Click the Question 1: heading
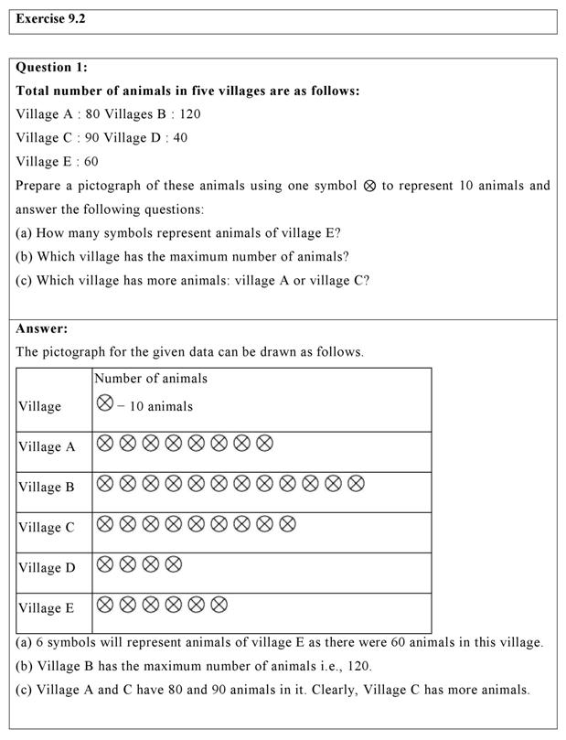(52, 67)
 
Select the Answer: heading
(42, 328)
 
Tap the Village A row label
(47, 447)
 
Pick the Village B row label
(47, 488)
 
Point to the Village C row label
(47, 528)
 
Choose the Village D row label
(47, 568)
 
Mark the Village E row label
(47, 608)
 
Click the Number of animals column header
(152, 379)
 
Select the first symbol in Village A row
(105, 444)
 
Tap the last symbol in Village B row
(356, 483)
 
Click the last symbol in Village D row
(173, 564)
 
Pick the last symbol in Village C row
(287, 524)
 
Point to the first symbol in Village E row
(105, 605)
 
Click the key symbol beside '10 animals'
(105, 402)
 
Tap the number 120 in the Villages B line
(189, 114)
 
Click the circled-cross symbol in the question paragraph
(370, 186)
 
